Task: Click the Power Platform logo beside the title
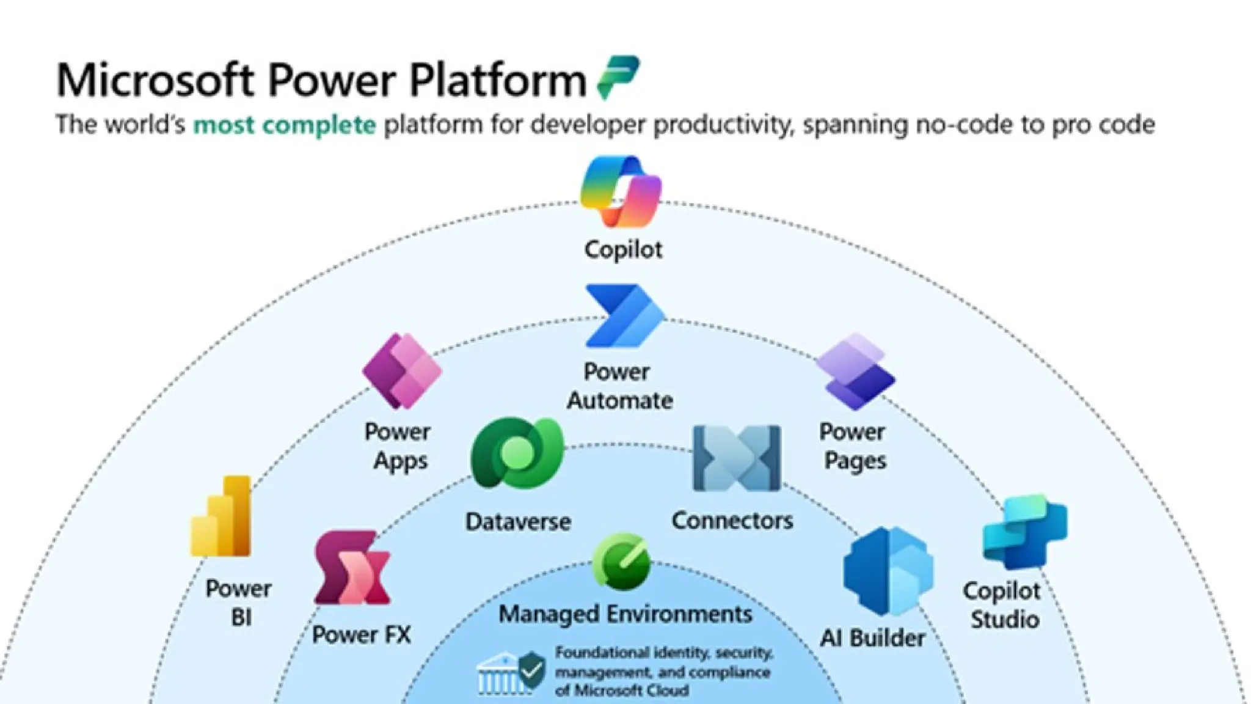click(x=618, y=76)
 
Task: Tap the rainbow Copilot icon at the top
click(x=621, y=191)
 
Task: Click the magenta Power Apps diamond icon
click(x=401, y=370)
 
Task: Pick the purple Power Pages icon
click(x=855, y=371)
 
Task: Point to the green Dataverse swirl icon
click(x=517, y=452)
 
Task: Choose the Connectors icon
click(x=737, y=458)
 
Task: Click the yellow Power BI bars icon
click(x=222, y=516)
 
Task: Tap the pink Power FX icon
click(x=352, y=568)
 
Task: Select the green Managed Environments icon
click(x=621, y=561)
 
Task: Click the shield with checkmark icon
click(x=531, y=670)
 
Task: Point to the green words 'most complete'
click(x=285, y=125)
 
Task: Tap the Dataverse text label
click(x=518, y=522)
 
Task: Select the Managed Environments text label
click(x=625, y=614)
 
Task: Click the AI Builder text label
click(x=872, y=638)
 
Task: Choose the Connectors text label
click(x=732, y=521)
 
